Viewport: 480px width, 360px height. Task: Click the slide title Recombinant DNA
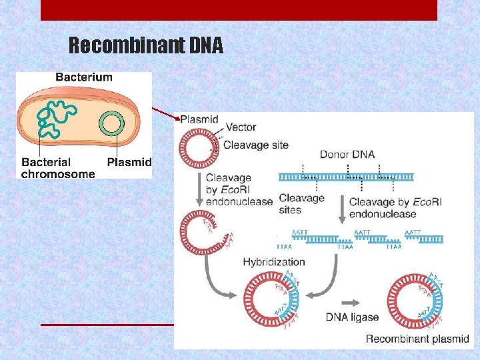[146, 45]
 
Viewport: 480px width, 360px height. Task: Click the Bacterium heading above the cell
[84, 77]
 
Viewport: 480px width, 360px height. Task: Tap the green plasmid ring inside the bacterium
[110, 125]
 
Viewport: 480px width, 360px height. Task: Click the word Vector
[241, 127]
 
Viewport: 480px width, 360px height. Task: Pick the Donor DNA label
[347, 154]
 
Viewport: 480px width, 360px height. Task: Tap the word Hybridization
[274, 263]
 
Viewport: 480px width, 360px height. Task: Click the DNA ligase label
[352, 317]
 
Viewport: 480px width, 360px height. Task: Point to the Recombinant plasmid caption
[417, 339]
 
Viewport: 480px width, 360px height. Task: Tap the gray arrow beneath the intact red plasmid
[198, 191]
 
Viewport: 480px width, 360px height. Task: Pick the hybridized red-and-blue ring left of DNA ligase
[271, 300]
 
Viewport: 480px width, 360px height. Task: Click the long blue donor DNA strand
[345, 177]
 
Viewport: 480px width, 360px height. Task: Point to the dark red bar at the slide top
[239, 10]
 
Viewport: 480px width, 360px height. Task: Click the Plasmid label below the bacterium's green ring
[129, 162]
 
